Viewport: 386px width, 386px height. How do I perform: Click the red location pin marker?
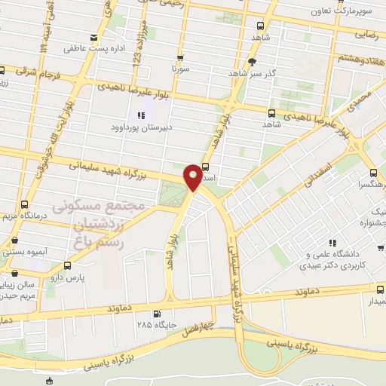point(193,176)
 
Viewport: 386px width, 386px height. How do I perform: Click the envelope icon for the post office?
point(93,38)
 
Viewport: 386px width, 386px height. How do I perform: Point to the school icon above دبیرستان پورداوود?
point(141,115)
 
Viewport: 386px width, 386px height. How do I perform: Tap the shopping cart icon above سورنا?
point(179,57)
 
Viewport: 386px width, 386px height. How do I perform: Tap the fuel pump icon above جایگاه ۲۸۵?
point(156,314)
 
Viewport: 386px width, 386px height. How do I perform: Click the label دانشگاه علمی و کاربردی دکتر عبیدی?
point(337,259)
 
